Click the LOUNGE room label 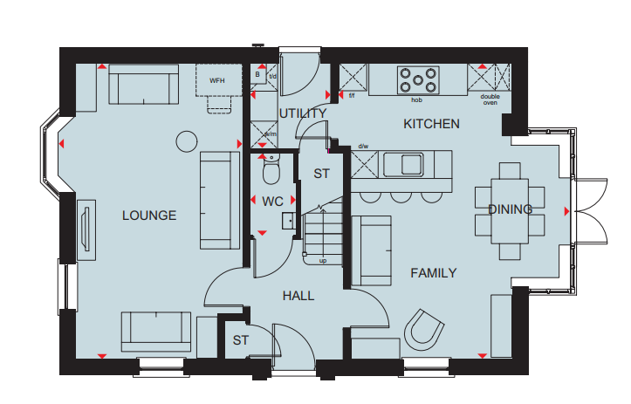(x=149, y=216)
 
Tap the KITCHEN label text (x=431, y=124)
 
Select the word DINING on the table (x=510, y=209)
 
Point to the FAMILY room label (x=434, y=273)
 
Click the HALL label (x=298, y=296)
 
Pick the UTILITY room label (x=303, y=113)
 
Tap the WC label (x=272, y=202)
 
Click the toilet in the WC (x=271, y=169)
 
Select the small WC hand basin (x=288, y=221)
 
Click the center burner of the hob (x=418, y=80)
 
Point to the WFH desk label (x=217, y=81)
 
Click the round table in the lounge (x=187, y=141)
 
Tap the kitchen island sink (x=403, y=164)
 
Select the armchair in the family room (x=424, y=330)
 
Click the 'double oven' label (x=490, y=99)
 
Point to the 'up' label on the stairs (x=323, y=261)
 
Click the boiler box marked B (x=258, y=75)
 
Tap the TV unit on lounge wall (x=86, y=229)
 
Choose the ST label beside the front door (x=241, y=340)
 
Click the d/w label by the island (x=363, y=146)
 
